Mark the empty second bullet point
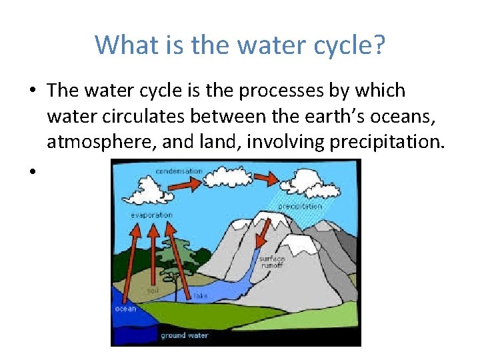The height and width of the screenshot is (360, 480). (x=31, y=171)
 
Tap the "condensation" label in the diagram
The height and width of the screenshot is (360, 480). (x=178, y=171)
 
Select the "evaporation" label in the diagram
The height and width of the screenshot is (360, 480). (x=151, y=215)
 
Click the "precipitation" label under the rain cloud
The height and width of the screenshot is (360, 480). (x=299, y=207)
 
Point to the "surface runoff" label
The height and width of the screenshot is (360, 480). (x=272, y=261)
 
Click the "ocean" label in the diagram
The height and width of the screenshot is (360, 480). (x=125, y=308)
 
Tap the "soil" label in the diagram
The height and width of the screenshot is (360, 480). (x=153, y=291)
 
